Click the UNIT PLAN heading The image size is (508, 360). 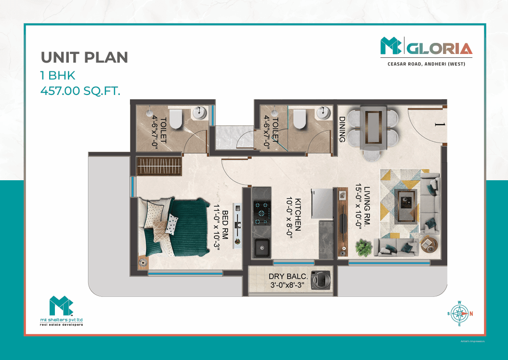84,57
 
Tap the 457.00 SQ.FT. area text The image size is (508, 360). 80,91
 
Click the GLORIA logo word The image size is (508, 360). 439,49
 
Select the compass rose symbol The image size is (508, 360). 459,314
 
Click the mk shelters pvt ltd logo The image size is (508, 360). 61,311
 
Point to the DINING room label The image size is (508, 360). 342,130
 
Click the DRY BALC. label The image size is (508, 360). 288,276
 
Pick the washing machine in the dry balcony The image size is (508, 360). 320,280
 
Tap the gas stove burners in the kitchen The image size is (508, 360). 262,213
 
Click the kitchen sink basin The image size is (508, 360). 262,248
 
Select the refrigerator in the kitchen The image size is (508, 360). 322,204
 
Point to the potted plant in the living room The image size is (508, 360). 363,248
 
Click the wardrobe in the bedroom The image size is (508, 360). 159,166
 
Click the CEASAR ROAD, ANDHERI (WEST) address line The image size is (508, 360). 426,64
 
